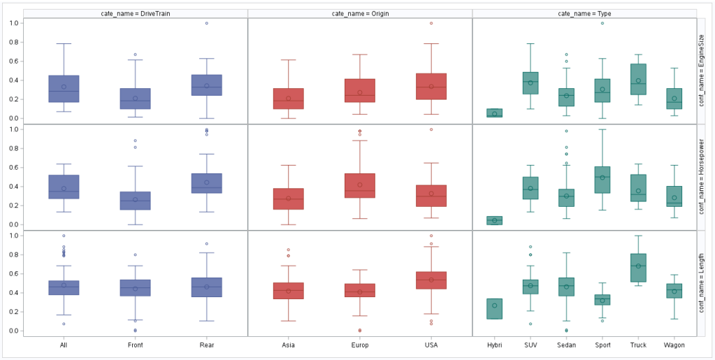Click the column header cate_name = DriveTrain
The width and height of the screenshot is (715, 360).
[136, 13]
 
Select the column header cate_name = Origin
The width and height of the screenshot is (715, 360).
[360, 13]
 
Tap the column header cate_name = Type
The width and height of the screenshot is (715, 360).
[584, 13]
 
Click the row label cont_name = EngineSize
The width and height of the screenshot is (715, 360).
[702, 71]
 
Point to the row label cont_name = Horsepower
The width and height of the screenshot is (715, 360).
[702, 178]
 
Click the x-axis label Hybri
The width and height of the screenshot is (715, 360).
[495, 345]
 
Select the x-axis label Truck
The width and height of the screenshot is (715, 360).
[638, 345]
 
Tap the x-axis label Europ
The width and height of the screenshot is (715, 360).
[360, 345]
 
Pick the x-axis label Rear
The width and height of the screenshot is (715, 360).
[207, 345]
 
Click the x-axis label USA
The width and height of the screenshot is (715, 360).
[431, 345]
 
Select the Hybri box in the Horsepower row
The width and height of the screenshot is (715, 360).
[495, 220]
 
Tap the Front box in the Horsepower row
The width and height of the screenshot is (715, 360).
[135, 201]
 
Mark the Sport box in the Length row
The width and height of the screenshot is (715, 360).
[602, 300]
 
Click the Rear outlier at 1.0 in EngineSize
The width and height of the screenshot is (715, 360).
[207, 23]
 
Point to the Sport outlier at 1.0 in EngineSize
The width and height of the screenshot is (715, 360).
[602, 23]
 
